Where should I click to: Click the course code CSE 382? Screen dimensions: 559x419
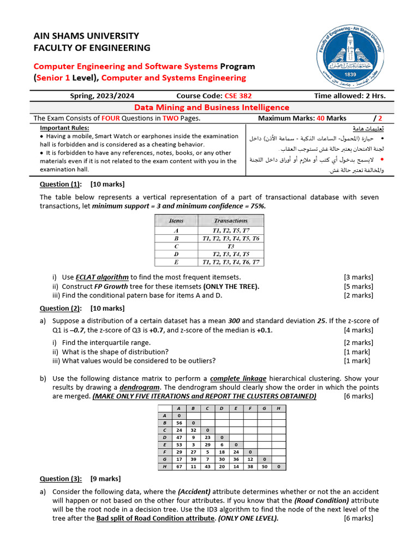tap(238, 96)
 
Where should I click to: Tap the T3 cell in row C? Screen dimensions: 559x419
tap(231, 246)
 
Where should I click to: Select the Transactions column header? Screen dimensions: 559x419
tap(231, 221)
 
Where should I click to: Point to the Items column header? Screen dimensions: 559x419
tap(176, 221)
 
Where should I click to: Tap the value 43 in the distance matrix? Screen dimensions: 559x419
tap(207, 467)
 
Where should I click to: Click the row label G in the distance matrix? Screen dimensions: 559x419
tap(164, 460)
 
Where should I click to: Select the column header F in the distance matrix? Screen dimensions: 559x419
tap(249, 408)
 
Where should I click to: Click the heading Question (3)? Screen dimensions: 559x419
tap(61, 479)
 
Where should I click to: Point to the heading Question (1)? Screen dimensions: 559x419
tap(61, 184)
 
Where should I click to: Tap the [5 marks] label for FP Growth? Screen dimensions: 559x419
tap(358, 286)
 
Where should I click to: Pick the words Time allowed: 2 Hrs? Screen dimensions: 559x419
tap(350, 96)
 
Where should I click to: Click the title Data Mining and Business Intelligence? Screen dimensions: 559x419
tap(212, 108)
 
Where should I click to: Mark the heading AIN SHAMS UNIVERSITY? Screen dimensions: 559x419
tap(86, 36)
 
